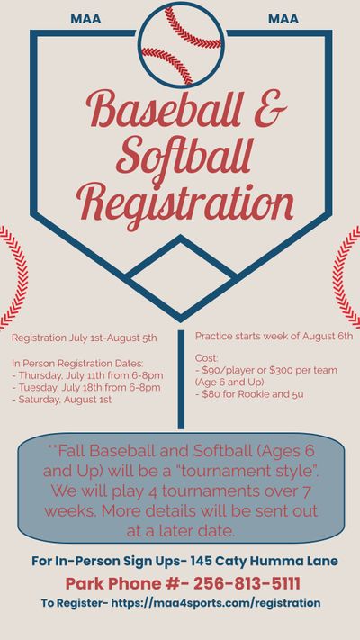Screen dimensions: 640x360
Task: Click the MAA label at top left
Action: click(85, 18)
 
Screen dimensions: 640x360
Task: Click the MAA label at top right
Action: click(283, 18)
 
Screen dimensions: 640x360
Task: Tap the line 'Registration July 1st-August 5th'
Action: click(85, 338)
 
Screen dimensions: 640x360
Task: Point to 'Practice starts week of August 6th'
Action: click(274, 336)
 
